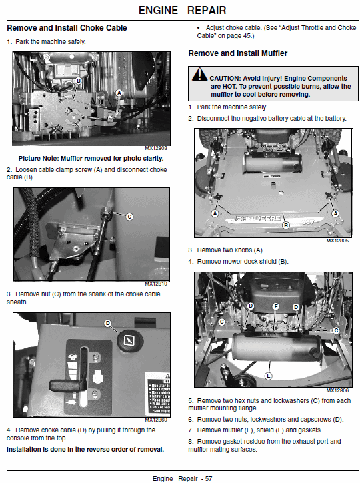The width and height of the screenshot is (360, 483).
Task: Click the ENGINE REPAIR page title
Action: (182, 10)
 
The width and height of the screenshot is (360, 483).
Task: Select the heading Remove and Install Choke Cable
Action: (67, 28)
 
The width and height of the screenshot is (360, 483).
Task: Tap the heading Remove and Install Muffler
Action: (237, 53)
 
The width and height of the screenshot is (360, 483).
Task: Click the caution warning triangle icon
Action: (199, 74)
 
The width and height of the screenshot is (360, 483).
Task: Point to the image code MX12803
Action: (156, 148)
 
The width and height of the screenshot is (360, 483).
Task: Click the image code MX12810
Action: (156, 284)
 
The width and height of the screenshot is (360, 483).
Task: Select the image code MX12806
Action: (337, 390)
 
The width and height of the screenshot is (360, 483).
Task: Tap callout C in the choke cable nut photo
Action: (130, 217)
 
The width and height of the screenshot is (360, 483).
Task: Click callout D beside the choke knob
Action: (107, 323)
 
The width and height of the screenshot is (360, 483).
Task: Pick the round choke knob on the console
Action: (130, 340)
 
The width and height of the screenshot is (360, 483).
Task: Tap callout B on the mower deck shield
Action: (286, 225)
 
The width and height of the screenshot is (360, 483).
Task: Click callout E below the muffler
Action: (269, 376)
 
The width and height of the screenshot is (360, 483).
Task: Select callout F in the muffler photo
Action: (276, 306)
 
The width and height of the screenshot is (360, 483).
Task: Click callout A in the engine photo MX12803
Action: (119, 93)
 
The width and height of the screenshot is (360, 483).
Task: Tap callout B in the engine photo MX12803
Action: (79, 81)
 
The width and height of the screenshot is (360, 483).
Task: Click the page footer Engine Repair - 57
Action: (183, 479)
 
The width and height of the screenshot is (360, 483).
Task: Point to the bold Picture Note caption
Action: (91, 159)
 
